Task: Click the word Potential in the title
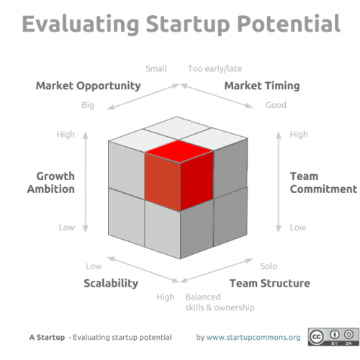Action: point(289,24)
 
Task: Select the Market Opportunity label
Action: point(89,86)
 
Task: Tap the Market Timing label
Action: point(262,86)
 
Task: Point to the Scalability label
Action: point(111,284)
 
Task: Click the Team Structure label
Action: point(270,283)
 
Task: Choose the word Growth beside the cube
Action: point(55,176)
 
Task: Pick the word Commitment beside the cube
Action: point(323,189)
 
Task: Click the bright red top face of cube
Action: point(179,151)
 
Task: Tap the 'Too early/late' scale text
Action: point(215,68)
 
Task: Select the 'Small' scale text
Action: point(156,68)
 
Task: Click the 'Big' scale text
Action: point(88,105)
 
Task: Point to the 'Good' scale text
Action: point(276,105)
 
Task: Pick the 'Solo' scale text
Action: point(269,266)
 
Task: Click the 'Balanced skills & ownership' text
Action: point(220,302)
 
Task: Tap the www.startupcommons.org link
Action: point(253,337)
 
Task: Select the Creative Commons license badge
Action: point(333,337)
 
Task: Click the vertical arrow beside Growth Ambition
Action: point(86,182)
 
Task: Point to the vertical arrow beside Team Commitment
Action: point(279,182)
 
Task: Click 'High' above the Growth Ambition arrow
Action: point(66,135)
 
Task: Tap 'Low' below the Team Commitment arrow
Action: point(298,228)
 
